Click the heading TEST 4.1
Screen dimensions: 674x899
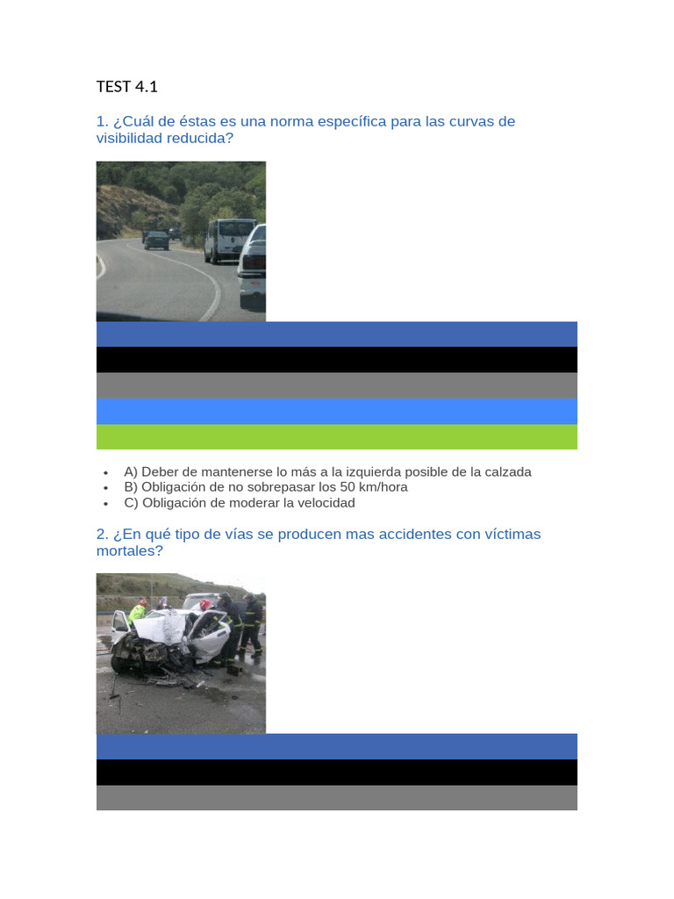pyautogui.click(x=126, y=87)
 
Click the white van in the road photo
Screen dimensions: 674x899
pyautogui.click(x=229, y=241)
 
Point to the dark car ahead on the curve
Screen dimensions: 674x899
pyautogui.click(x=156, y=239)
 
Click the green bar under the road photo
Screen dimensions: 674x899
pyautogui.click(x=336, y=437)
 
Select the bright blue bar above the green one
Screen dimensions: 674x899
pyautogui.click(x=336, y=412)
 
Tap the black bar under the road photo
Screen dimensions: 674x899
pyautogui.click(x=336, y=360)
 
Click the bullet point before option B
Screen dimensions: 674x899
pyautogui.click(x=106, y=488)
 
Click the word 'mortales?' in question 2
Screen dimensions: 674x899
pyautogui.click(x=130, y=551)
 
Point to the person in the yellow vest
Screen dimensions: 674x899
pyautogui.click(x=138, y=612)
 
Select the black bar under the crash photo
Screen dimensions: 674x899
pyautogui.click(x=336, y=773)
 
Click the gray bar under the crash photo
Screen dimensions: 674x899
pyautogui.click(x=336, y=797)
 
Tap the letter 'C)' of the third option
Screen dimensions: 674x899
pyautogui.click(x=132, y=503)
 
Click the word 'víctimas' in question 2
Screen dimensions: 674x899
pyautogui.click(x=513, y=535)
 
